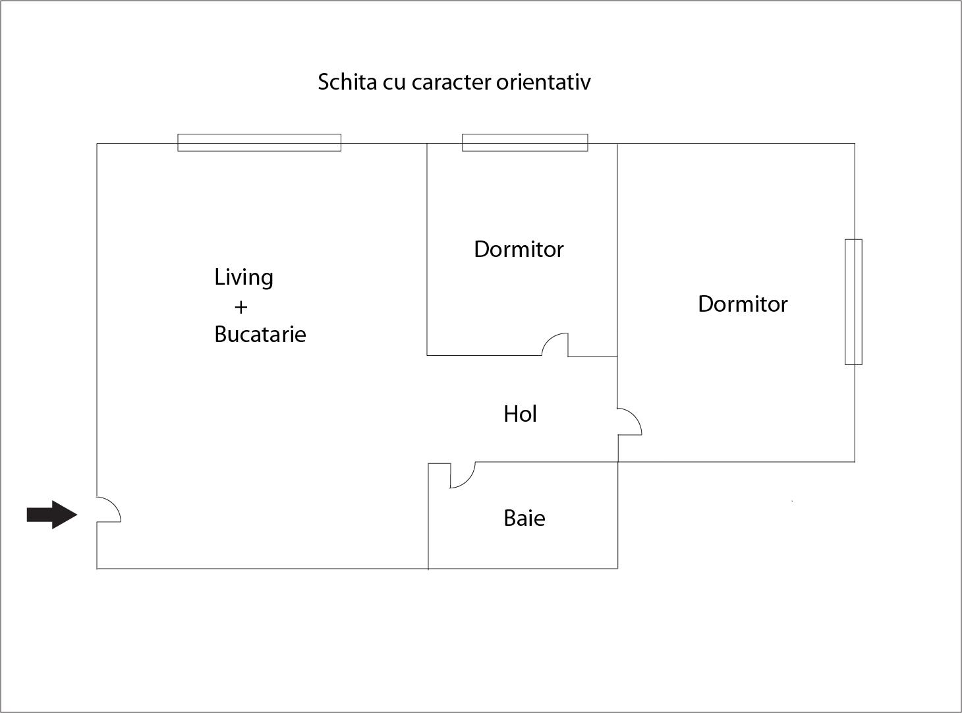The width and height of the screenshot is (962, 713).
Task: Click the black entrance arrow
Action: pyautogui.click(x=52, y=515)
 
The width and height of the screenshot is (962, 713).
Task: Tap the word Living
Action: pyautogui.click(x=244, y=277)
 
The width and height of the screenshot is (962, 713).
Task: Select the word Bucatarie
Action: pyautogui.click(x=260, y=334)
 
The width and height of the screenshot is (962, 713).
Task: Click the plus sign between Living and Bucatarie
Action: pyautogui.click(x=240, y=307)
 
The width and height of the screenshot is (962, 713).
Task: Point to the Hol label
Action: pyautogui.click(x=520, y=414)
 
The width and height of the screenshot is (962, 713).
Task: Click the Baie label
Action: pyautogui.click(x=524, y=518)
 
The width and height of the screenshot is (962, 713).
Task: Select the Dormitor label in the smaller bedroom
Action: pyautogui.click(x=519, y=249)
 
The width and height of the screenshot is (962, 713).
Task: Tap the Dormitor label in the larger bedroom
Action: pyautogui.click(x=743, y=304)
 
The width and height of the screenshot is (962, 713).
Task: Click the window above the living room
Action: pyautogui.click(x=260, y=142)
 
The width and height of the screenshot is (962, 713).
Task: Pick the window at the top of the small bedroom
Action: pyautogui.click(x=524, y=142)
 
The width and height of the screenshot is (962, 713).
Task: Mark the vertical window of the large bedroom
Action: pyautogui.click(x=853, y=302)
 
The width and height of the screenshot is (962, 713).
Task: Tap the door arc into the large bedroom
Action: pyautogui.click(x=635, y=415)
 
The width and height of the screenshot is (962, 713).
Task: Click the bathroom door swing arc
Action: pyautogui.click(x=468, y=480)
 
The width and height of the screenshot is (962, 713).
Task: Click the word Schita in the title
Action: pyautogui.click(x=347, y=82)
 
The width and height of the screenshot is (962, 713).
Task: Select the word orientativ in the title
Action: pyautogui.click(x=544, y=82)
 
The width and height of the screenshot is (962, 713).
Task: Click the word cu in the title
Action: pyautogui.click(x=394, y=84)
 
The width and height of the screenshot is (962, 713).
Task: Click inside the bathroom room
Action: pyautogui.click(x=523, y=538)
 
